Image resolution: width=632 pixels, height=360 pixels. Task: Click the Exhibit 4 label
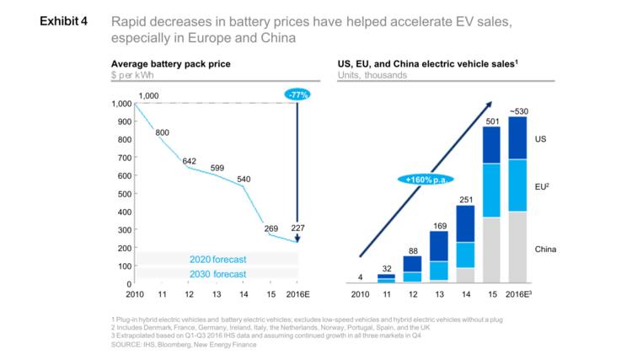(64, 20)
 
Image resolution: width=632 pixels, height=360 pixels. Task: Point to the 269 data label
(270, 228)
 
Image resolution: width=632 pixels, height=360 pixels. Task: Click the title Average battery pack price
(170, 64)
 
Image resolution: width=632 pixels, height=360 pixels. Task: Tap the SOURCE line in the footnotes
(184, 344)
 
